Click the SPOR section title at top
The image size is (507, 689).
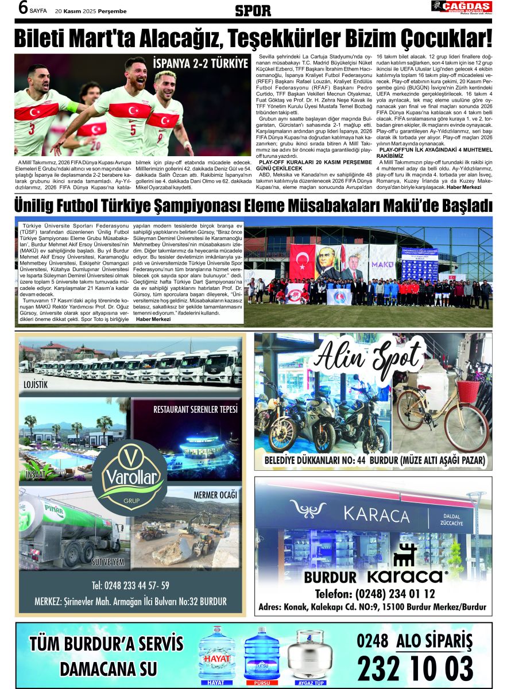coord(253,10)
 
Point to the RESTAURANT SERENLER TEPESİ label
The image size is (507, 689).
coord(195,409)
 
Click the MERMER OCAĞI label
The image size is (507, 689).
coord(215,494)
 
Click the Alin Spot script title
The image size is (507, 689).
coord(374,359)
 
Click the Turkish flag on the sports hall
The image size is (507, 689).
coord(302,262)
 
